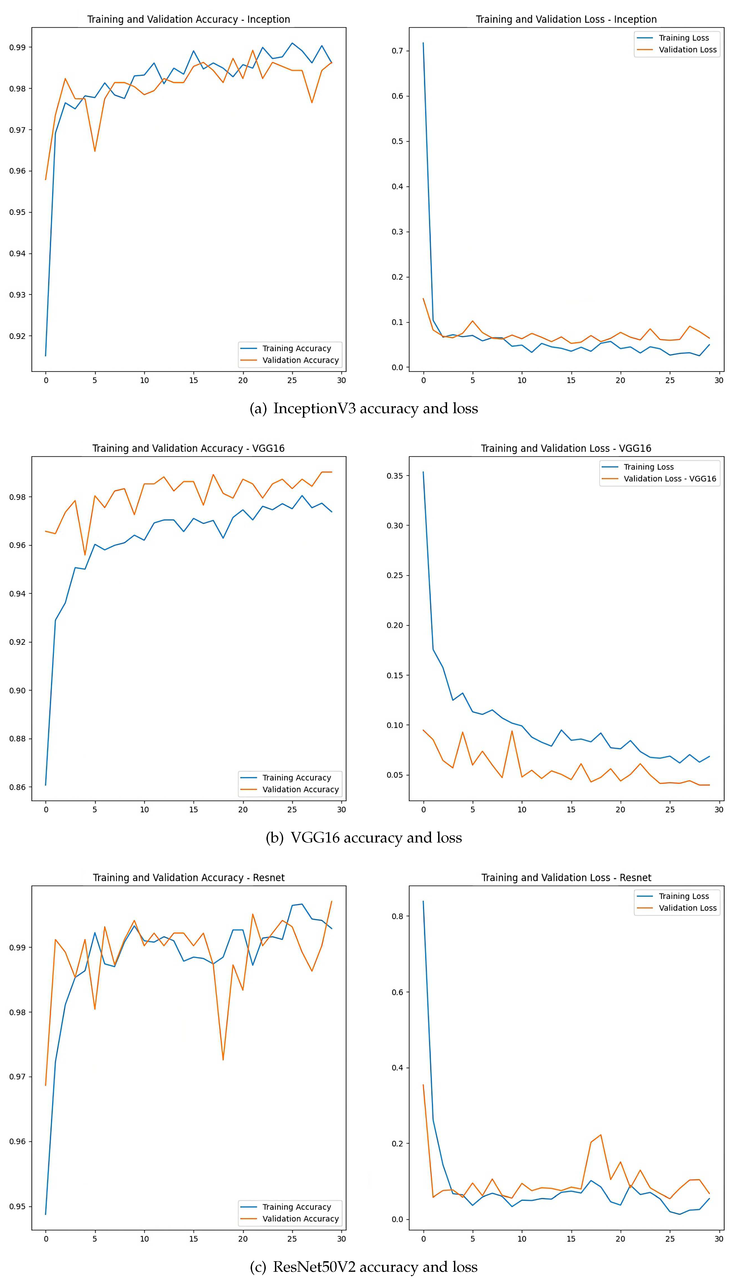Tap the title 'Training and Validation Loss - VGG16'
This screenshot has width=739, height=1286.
(566, 448)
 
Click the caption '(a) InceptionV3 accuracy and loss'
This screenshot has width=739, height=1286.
(363, 409)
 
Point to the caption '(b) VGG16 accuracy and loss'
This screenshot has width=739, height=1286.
(363, 838)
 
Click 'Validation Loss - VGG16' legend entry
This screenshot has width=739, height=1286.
(669, 479)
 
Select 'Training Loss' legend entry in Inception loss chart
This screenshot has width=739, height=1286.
(683, 38)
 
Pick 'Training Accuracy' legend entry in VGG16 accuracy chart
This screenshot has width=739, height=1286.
(297, 778)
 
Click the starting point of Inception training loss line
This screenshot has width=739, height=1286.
(423, 43)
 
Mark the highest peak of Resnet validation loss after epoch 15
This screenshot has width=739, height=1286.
(601, 1135)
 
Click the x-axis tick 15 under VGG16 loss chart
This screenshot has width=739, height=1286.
(571, 810)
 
